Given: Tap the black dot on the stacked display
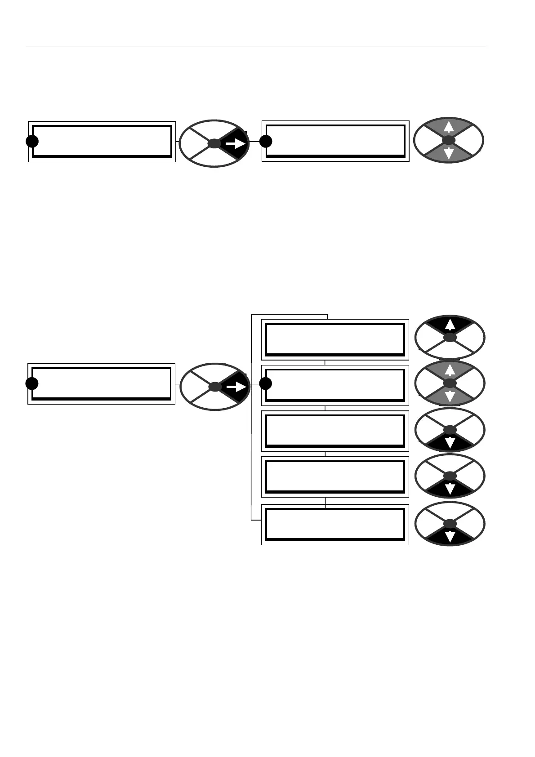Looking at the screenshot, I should [266, 383].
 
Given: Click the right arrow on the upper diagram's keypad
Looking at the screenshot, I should [236, 143].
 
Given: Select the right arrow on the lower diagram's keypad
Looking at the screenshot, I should [236, 386].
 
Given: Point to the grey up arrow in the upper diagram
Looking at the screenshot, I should [448, 128].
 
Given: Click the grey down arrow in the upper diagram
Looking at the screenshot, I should [448, 154].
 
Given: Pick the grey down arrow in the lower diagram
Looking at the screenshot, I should [450, 396].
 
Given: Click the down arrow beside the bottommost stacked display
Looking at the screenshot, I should [450, 537].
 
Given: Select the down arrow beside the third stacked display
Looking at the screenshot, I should [450, 443].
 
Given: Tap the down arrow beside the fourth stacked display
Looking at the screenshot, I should [450, 489].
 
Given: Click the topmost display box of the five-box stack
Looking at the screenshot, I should [335, 339].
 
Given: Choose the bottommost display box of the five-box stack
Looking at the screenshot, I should [335, 524].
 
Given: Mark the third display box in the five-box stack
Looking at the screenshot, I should [335, 431].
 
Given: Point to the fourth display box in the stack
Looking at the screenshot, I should [335, 476].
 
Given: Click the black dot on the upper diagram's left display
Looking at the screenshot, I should [32, 141].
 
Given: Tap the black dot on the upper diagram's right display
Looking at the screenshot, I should [266, 141].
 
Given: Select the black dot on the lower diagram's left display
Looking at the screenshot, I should [32, 383].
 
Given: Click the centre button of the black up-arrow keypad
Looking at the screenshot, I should [450, 337].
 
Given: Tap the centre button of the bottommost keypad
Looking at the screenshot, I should [450, 524].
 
